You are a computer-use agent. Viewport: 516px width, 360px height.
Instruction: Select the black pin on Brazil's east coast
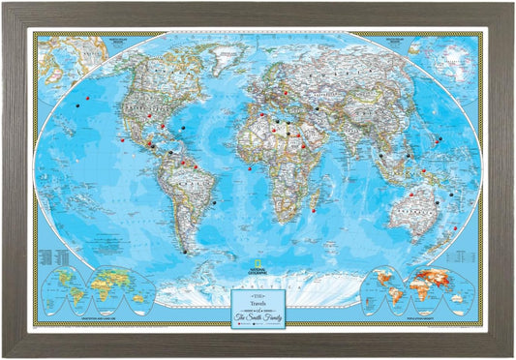tap(212, 202)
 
